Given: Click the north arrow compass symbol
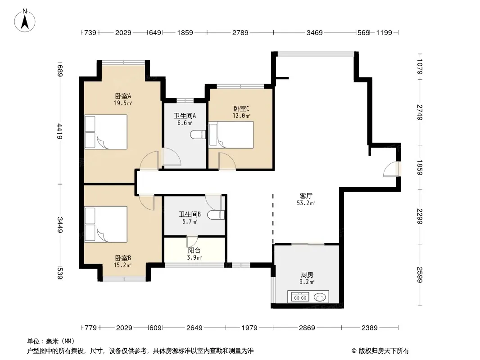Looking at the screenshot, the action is pos(25,21).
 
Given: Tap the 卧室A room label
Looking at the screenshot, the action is pos(123,96).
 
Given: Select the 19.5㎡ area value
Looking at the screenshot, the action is pos(123,103).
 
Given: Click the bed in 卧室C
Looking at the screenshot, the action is pos(231,135).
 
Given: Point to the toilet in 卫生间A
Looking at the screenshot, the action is pos(198,134).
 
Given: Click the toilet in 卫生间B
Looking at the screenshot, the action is pos(216,215).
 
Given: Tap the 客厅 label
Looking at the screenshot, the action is pos(306,196).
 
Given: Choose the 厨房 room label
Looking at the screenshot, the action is pos(307,274).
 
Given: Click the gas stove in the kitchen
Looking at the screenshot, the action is pos(300,297).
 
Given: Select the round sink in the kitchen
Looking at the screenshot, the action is pos(320,297).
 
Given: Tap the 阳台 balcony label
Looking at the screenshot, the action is pos(194,251).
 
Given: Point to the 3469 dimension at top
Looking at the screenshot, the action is pos(315,32).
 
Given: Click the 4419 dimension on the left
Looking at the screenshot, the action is pos(60,131).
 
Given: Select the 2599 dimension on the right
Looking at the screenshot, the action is pos(420,275).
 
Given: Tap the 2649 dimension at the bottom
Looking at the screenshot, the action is pos(195,328).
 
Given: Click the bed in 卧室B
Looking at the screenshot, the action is pos(106,224).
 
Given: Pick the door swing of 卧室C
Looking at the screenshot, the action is pos(227,161).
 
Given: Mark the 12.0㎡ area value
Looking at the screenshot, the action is pos(241,116).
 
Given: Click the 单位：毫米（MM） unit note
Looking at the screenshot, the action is pos(51,342).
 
